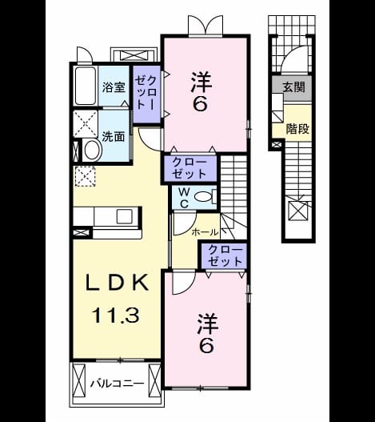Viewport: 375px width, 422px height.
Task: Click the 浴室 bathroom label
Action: click(114, 87)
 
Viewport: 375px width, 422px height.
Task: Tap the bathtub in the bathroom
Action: click(86, 86)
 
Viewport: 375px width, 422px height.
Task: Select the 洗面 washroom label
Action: click(114, 137)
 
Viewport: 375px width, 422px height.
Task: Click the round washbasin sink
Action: click(93, 151)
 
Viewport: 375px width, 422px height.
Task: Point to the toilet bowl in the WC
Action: click(203, 197)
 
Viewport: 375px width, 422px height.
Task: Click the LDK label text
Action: click(118, 283)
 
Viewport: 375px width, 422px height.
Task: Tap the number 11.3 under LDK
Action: click(116, 315)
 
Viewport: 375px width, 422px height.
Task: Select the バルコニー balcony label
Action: click(117, 384)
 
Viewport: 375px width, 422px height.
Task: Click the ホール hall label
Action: click(205, 231)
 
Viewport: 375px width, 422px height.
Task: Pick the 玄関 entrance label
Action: click(293, 87)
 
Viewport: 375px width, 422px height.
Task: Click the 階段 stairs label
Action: click(297, 129)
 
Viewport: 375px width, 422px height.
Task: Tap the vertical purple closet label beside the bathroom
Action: click(146, 92)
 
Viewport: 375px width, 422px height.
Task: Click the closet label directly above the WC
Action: click(189, 168)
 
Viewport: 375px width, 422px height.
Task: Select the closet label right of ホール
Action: click(225, 255)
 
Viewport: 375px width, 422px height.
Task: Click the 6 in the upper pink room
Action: click(201, 103)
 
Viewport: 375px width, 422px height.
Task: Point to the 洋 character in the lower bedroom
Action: click(208, 324)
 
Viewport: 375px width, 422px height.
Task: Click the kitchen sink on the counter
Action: click(125, 216)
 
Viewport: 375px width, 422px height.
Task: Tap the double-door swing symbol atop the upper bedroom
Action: click(205, 25)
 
